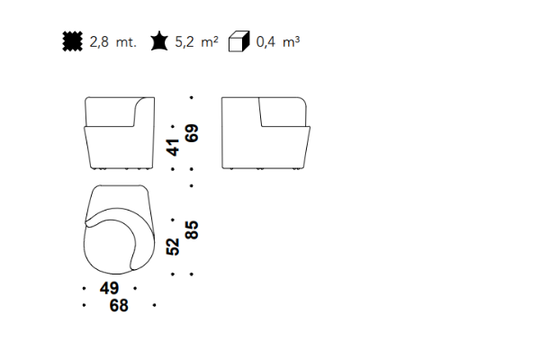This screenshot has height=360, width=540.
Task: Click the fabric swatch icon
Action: coord(73,41)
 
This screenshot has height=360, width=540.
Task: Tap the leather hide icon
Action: coord(159,41)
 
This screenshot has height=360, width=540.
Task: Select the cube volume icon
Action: coord(239,41)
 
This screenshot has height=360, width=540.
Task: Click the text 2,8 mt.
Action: coord(113,42)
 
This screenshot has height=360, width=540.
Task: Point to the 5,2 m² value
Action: coord(196,41)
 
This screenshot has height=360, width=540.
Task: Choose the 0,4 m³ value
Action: coord(278,41)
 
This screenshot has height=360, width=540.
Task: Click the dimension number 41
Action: coord(173,148)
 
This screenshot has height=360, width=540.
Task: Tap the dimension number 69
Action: coord(192,133)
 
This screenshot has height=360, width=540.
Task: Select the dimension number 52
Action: coord(173,247)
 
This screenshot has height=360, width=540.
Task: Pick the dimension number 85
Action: coord(192,229)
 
